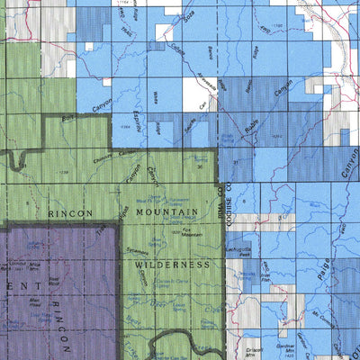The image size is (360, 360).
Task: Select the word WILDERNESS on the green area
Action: coord(173,265)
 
